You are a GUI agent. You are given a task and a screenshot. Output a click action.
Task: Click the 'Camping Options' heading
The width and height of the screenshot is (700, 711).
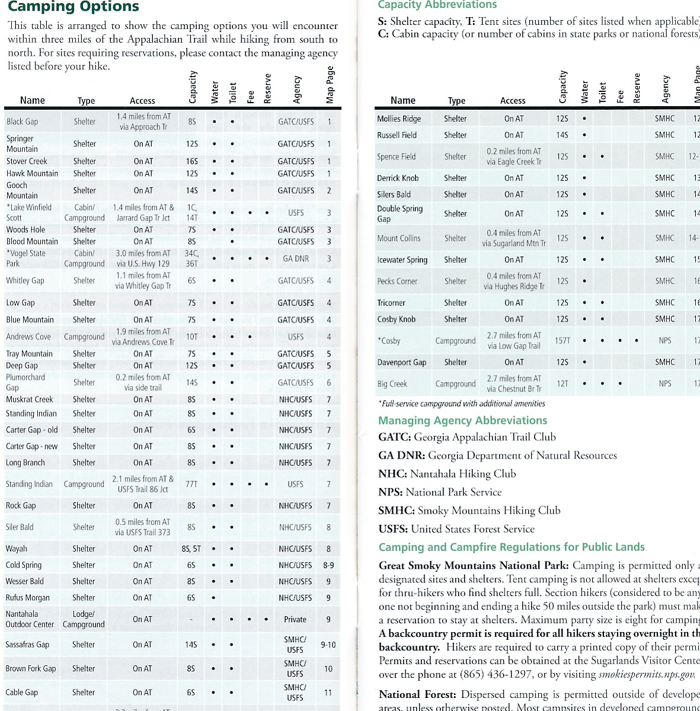coord(73,7)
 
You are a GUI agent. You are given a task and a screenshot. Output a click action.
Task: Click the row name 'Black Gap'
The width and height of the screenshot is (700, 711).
coord(22,122)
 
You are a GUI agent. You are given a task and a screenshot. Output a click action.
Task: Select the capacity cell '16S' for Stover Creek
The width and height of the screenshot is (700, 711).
coord(191,161)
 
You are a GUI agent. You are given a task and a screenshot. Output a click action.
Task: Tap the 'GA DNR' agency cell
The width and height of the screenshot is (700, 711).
coord(296,259)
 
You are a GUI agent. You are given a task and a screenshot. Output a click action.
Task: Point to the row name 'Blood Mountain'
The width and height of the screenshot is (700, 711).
coord(32,241)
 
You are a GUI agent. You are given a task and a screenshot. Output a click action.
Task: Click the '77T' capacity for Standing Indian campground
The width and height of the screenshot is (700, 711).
coord(191,484)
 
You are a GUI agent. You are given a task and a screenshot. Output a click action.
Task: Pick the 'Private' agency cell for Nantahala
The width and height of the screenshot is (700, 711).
coord(295,619)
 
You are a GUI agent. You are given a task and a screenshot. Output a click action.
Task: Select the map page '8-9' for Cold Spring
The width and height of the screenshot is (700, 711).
coord(328,565)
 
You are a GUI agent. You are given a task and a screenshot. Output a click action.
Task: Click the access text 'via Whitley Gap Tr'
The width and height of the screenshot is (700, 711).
coord(143,286)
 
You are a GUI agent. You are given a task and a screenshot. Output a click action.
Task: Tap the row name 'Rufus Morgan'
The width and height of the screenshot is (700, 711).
coord(28,598)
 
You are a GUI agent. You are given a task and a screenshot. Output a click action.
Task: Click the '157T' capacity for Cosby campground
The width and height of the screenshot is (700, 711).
coord(562,340)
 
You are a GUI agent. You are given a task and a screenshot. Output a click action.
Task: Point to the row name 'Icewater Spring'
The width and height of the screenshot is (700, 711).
coord(402,260)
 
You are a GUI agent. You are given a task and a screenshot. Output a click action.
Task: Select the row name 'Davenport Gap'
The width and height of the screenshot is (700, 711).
coord(401,362)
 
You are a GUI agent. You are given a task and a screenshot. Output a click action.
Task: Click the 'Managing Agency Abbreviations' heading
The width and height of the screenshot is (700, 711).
coord(462,420)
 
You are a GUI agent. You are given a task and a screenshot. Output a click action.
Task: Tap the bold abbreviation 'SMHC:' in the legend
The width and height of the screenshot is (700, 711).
coord(397,511)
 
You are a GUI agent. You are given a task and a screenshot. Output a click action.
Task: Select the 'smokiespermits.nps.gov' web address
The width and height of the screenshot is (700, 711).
coord(647,674)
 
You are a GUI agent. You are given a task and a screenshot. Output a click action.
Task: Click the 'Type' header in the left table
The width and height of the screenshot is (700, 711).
coord(86,101)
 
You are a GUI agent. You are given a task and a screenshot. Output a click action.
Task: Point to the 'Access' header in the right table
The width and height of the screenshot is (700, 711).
coord(513,101)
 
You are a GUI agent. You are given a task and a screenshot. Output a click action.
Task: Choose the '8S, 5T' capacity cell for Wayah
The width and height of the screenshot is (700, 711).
coord(191,549)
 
